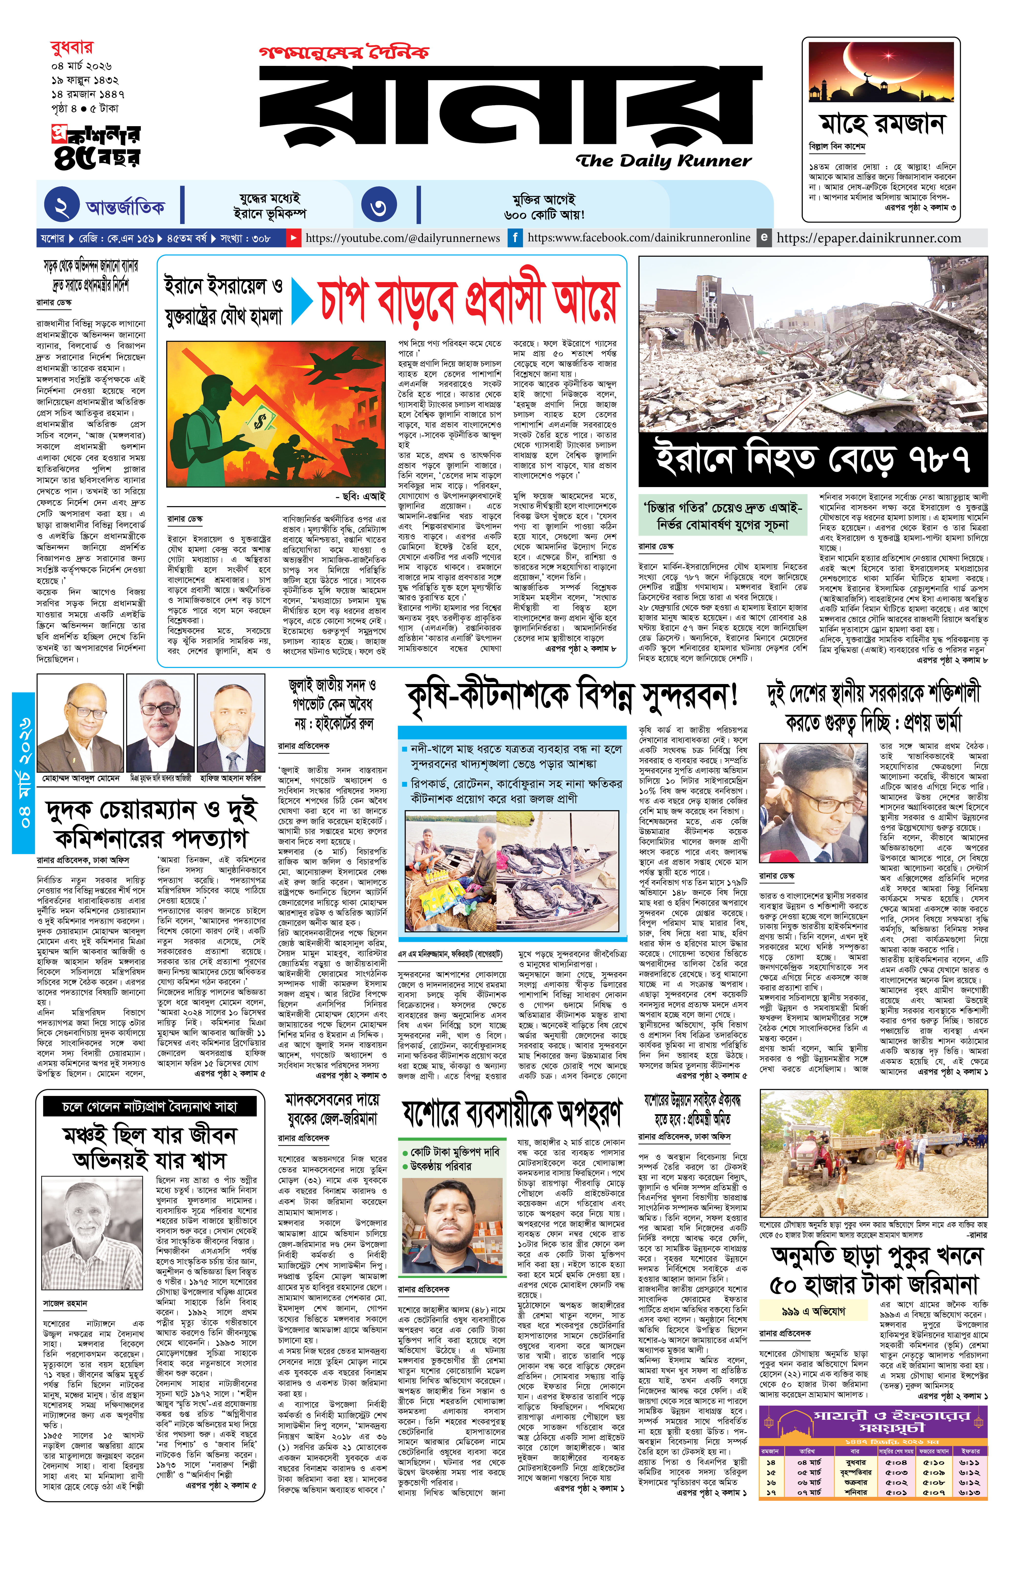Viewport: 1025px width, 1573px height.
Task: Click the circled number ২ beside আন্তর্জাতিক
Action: tap(61, 205)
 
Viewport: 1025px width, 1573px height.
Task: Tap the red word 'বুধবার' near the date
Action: tap(71, 48)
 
